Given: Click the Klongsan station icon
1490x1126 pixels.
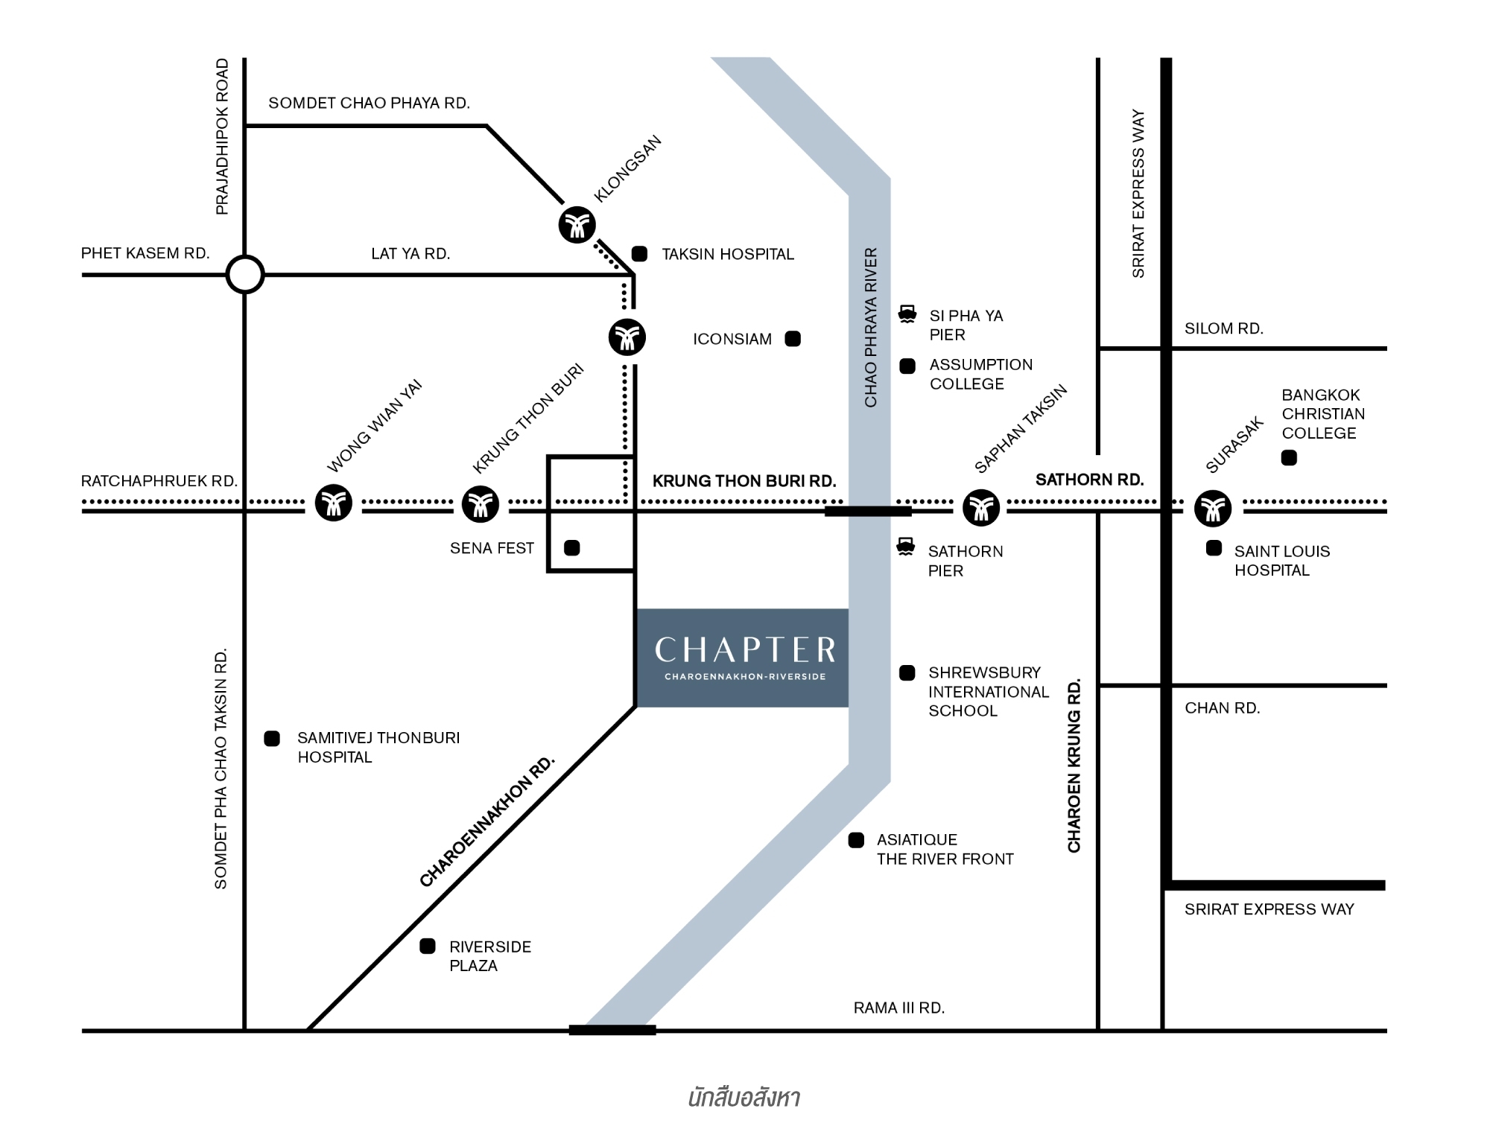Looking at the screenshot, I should coord(577,224).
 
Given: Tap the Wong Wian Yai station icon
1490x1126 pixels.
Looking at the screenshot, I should coord(333,503).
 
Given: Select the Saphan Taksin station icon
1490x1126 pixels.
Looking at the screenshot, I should coord(980,508).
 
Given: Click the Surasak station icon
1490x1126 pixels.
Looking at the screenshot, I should coord(1213,508).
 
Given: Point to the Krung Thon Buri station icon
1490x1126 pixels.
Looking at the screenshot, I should coord(481,504).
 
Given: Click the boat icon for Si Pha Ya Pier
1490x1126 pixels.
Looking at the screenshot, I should coord(907,314).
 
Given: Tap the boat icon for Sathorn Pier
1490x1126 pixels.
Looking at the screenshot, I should coord(905,547).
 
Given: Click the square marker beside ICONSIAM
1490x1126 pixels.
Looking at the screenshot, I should coord(793,339).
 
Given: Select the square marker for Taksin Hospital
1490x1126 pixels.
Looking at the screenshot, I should coord(639,254).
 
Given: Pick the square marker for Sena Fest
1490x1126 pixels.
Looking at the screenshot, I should coord(572,548).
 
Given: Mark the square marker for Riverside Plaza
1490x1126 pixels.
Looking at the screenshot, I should coord(428,946).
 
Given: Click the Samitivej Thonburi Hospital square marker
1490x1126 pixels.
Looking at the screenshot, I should coord(272,738).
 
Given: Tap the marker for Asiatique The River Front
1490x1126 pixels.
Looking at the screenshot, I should coord(856,840).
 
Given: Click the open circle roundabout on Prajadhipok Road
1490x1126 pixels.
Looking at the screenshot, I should coord(244,275).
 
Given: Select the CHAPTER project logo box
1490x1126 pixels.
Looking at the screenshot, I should coord(743,658).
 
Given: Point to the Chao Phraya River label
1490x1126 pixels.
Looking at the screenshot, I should coord(870,328).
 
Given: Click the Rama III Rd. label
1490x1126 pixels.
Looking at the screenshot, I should coord(898,1008).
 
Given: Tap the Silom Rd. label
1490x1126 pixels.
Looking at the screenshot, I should coord(1223,328).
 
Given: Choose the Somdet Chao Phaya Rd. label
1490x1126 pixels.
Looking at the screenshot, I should coord(369,103).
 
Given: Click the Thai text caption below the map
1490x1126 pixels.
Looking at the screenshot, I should coord(744,1098).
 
